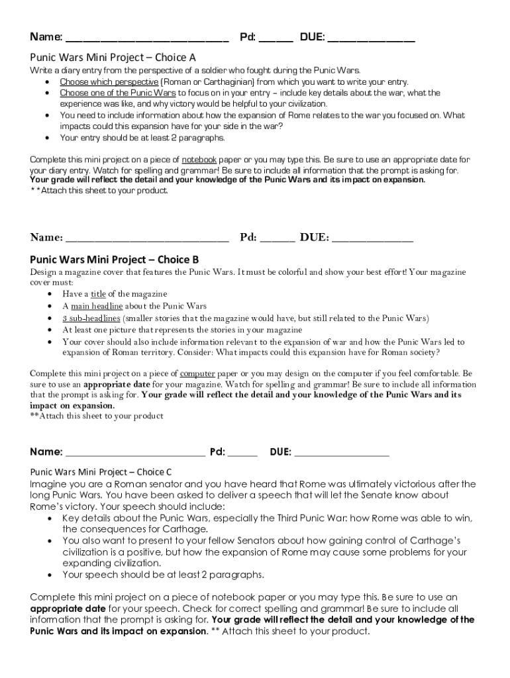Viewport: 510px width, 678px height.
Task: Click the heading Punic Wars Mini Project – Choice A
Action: click(113, 57)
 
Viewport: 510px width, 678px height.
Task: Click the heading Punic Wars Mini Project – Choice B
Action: click(115, 259)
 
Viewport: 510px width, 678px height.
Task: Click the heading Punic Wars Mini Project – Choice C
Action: click(101, 472)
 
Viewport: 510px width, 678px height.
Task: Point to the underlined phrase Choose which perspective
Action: click(100, 82)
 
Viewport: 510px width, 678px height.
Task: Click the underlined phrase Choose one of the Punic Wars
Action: click(118, 93)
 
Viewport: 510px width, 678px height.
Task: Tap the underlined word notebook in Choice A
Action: click(199, 160)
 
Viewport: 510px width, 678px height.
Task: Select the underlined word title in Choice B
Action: click(98, 294)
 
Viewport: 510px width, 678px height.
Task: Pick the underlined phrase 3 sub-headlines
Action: click(91, 318)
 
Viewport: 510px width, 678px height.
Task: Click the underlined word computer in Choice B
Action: click(197, 373)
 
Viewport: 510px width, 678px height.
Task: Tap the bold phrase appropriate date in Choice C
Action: click(68, 608)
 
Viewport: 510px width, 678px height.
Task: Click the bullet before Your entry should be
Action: click(46, 138)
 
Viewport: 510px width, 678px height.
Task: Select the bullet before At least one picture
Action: click(52, 330)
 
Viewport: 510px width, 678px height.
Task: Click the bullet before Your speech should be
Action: click(52, 575)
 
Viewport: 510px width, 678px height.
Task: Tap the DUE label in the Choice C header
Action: click(281, 452)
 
